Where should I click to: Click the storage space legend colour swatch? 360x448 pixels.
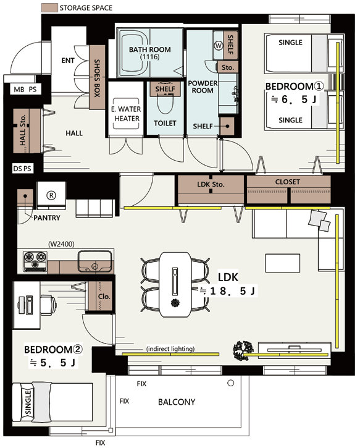coord(49,7)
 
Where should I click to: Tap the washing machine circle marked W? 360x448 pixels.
coord(219,46)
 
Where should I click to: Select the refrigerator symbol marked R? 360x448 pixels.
coord(51,195)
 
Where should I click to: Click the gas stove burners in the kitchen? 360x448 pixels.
coord(35,261)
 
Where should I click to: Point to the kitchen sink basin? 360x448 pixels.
coord(94,261)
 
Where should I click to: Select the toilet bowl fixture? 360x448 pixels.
coord(165,106)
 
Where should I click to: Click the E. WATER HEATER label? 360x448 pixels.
coord(126,114)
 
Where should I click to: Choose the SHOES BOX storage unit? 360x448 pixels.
coord(97,77)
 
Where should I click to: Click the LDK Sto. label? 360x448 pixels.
coord(211,185)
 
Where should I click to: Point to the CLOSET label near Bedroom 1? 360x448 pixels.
coord(288,182)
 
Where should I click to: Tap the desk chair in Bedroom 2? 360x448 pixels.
coord(48,305)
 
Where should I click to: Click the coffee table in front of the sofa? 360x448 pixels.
coord(282,263)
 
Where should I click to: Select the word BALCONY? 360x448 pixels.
coord(177,402)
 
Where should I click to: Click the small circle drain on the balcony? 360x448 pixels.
coord(231,383)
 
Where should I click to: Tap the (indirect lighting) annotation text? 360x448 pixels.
coord(170,349)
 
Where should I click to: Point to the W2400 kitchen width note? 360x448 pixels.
coord(61,244)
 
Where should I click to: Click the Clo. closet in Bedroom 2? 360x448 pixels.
coord(99,296)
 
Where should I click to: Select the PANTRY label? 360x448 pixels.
coord(47,218)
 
